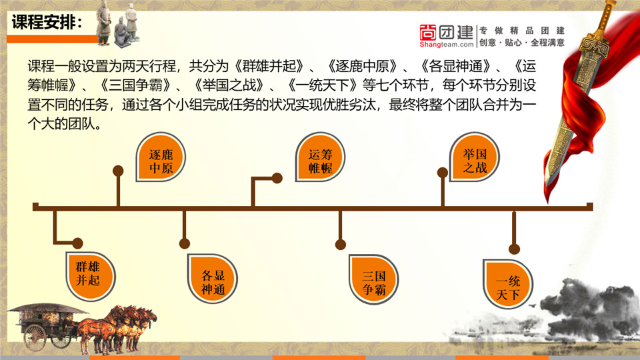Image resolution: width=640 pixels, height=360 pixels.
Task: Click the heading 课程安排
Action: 47,22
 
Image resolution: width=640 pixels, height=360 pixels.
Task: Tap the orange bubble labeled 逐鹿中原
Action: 161,157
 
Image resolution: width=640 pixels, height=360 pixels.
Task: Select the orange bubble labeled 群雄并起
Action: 91,277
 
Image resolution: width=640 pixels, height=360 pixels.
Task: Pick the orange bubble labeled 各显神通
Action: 212,279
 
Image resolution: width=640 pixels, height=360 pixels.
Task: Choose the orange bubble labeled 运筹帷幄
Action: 321,157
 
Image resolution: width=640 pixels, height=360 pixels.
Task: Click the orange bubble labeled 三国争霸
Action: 374,279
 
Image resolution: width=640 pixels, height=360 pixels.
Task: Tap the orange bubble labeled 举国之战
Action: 474,157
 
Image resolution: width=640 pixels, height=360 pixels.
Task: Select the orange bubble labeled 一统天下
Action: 508,285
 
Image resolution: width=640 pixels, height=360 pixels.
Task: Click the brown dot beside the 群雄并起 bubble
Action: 77,243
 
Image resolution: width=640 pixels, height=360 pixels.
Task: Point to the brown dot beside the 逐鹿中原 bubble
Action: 118,171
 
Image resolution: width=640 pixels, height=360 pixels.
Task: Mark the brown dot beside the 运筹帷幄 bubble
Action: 277,178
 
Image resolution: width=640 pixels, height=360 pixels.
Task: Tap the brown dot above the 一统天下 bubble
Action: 514,249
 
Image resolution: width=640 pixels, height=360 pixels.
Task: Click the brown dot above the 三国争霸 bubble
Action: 341,245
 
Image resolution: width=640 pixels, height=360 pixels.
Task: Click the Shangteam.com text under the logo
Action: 447,44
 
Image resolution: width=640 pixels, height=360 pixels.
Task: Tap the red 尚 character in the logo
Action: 428,32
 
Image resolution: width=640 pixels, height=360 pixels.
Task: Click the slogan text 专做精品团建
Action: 522,31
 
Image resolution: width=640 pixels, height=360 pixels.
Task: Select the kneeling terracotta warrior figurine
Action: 121,32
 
